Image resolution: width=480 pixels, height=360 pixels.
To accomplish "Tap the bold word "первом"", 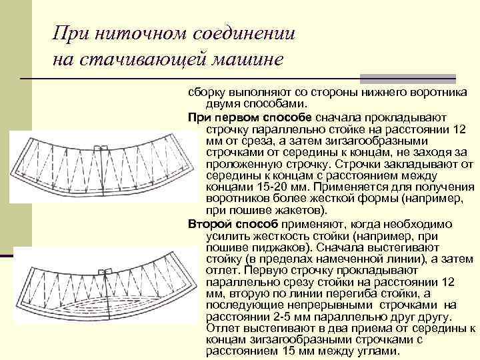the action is pos(247,117).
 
